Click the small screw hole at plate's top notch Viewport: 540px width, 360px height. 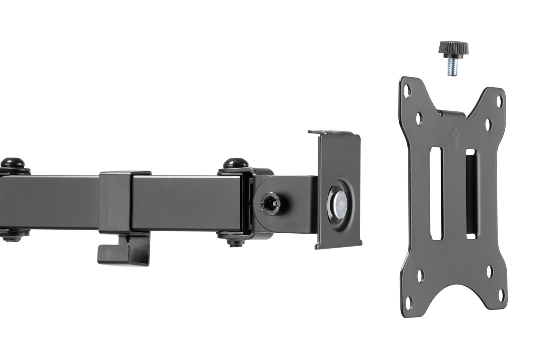pyautogui.click(x=442, y=114)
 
